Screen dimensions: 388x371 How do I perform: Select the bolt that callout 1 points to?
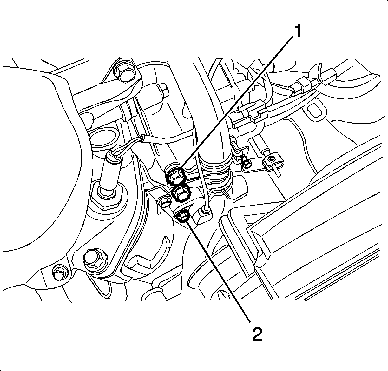177,177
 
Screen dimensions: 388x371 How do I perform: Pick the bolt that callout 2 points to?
182,216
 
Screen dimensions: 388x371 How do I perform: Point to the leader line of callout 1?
237,102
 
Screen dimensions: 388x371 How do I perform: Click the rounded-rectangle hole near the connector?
315,113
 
